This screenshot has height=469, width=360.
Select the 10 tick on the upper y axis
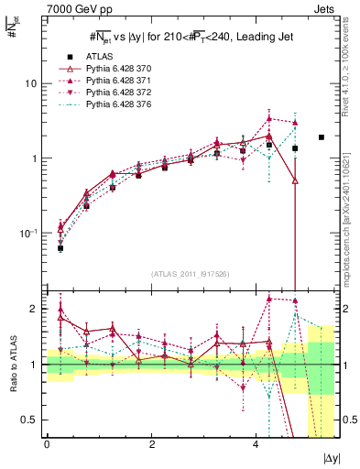[32, 83]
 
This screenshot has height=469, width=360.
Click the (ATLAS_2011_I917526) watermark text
[190, 274]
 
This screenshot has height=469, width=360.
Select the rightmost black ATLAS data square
[321, 137]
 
